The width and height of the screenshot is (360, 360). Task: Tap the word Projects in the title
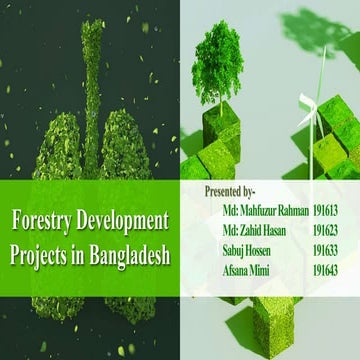42,251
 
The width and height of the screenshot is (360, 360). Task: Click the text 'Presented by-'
230,190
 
